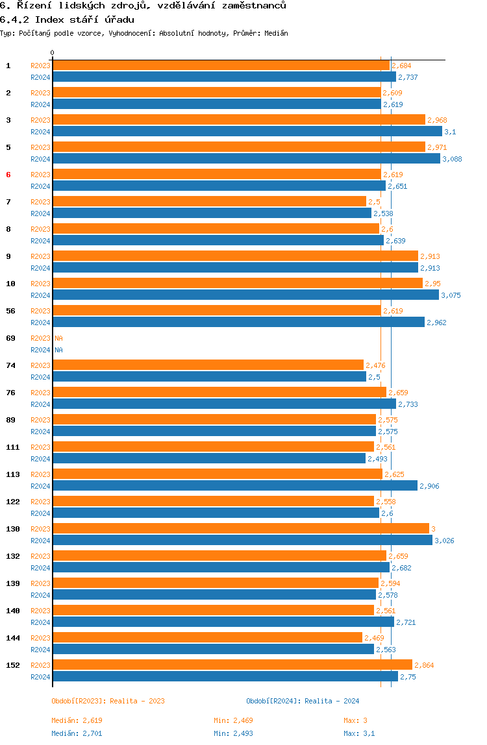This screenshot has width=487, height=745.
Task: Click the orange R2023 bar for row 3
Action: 239,119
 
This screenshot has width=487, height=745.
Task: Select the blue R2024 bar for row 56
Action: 238,322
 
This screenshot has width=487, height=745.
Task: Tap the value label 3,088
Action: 452,159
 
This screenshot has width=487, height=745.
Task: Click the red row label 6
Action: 8,175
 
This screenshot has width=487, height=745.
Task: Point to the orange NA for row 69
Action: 58,338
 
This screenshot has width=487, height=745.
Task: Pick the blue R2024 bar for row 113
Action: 235,485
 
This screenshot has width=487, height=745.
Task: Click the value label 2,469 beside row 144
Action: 374,638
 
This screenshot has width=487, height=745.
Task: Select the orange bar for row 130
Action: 241,528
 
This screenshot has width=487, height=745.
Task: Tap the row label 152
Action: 13,665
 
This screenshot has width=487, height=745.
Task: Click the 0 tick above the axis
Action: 53,53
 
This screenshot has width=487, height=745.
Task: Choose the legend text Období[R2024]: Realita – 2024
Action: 303,701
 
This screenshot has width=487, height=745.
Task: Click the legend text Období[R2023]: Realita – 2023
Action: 108,701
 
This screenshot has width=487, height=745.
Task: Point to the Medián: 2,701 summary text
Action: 77,733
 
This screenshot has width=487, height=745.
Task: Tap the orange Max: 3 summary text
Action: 355,721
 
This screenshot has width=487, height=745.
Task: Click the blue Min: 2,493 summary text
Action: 233,733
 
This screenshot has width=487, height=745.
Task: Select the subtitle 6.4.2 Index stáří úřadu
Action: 67,20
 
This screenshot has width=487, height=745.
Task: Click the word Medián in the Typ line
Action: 276,33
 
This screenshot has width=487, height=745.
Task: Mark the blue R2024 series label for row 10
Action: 40,295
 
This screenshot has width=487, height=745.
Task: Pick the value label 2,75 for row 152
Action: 408,677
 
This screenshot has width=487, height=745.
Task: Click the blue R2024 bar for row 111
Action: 209,458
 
